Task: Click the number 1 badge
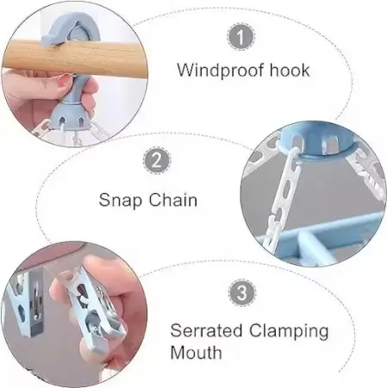tap(241, 37)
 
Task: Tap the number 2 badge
tap(157, 160)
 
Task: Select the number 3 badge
tap(242, 292)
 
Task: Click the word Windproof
tap(220, 70)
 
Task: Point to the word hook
tap(290, 70)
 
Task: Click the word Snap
tap(121, 201)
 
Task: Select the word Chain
tap(173, 199)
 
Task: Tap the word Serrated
tap(206, 330)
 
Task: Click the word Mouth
tap(196, 353)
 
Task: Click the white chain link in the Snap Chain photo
tap(285, 185)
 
